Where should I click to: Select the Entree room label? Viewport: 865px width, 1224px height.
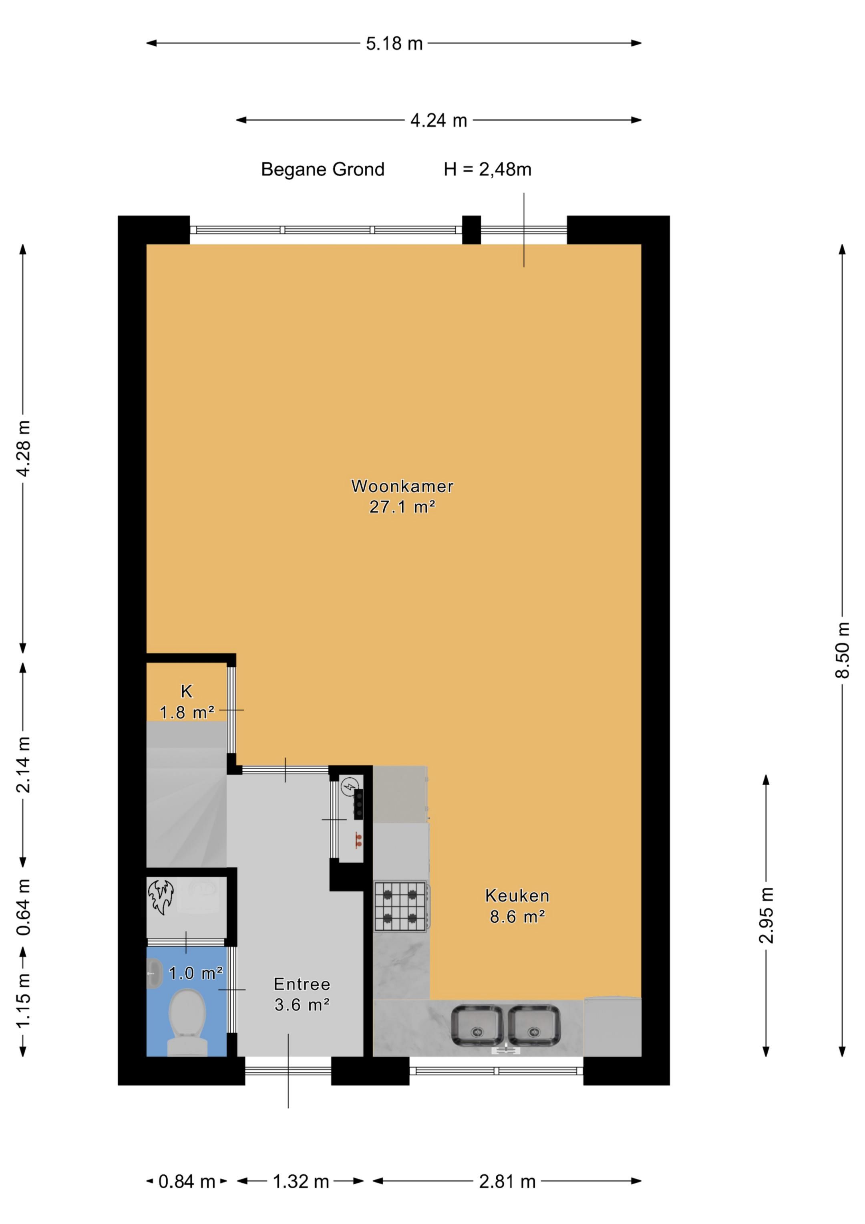pyautogui.click(x=302, y=984)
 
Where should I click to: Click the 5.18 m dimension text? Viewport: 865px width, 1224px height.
pyautogui.click(x=394, y=44)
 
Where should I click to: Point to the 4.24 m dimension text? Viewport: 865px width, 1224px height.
pyautogui.click(x=439, y=121)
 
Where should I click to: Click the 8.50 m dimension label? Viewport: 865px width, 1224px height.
pyautogui.click(x=842, y=650)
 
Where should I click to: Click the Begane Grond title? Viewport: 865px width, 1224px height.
pyautogui.click(x=322, y=169)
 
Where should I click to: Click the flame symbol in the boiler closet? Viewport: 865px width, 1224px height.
pyautogui.click(x=161, y=897)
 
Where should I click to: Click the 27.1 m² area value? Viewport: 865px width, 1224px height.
pyautogui.click(x=402, y=506)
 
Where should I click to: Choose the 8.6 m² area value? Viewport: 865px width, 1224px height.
pyautogui.click(x=517, y=916)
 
